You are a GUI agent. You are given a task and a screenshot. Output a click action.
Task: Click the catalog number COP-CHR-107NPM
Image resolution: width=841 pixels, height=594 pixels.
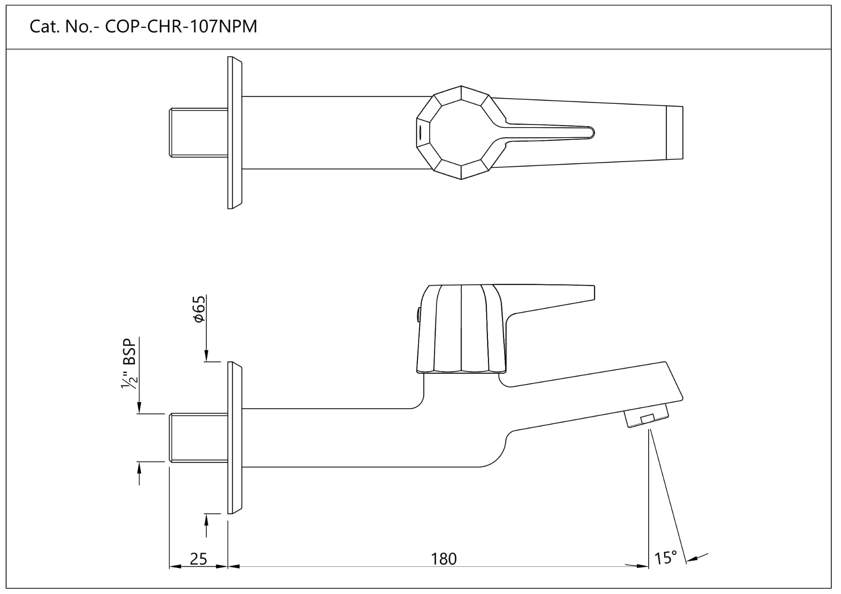coord(181,27)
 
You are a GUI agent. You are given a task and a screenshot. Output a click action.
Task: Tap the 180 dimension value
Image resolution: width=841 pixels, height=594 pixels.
coord(443,559)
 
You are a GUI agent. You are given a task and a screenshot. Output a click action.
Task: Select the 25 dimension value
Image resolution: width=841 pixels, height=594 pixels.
coord(198,559)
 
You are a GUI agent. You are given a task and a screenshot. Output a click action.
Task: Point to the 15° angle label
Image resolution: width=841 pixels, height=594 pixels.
coord(665,558)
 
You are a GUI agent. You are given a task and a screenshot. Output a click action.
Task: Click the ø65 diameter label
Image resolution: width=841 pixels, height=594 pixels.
coord(199,309)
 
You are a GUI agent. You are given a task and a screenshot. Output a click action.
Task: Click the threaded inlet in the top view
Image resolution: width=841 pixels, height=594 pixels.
coord(198,133)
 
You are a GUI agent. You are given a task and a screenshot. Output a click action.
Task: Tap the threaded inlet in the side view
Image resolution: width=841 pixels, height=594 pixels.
coord(198,437)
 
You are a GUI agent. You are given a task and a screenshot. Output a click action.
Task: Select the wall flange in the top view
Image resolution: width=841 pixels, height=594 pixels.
coord(235,133)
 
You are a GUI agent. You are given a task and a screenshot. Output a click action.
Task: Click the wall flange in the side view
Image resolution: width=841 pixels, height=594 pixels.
coord(235,438)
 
